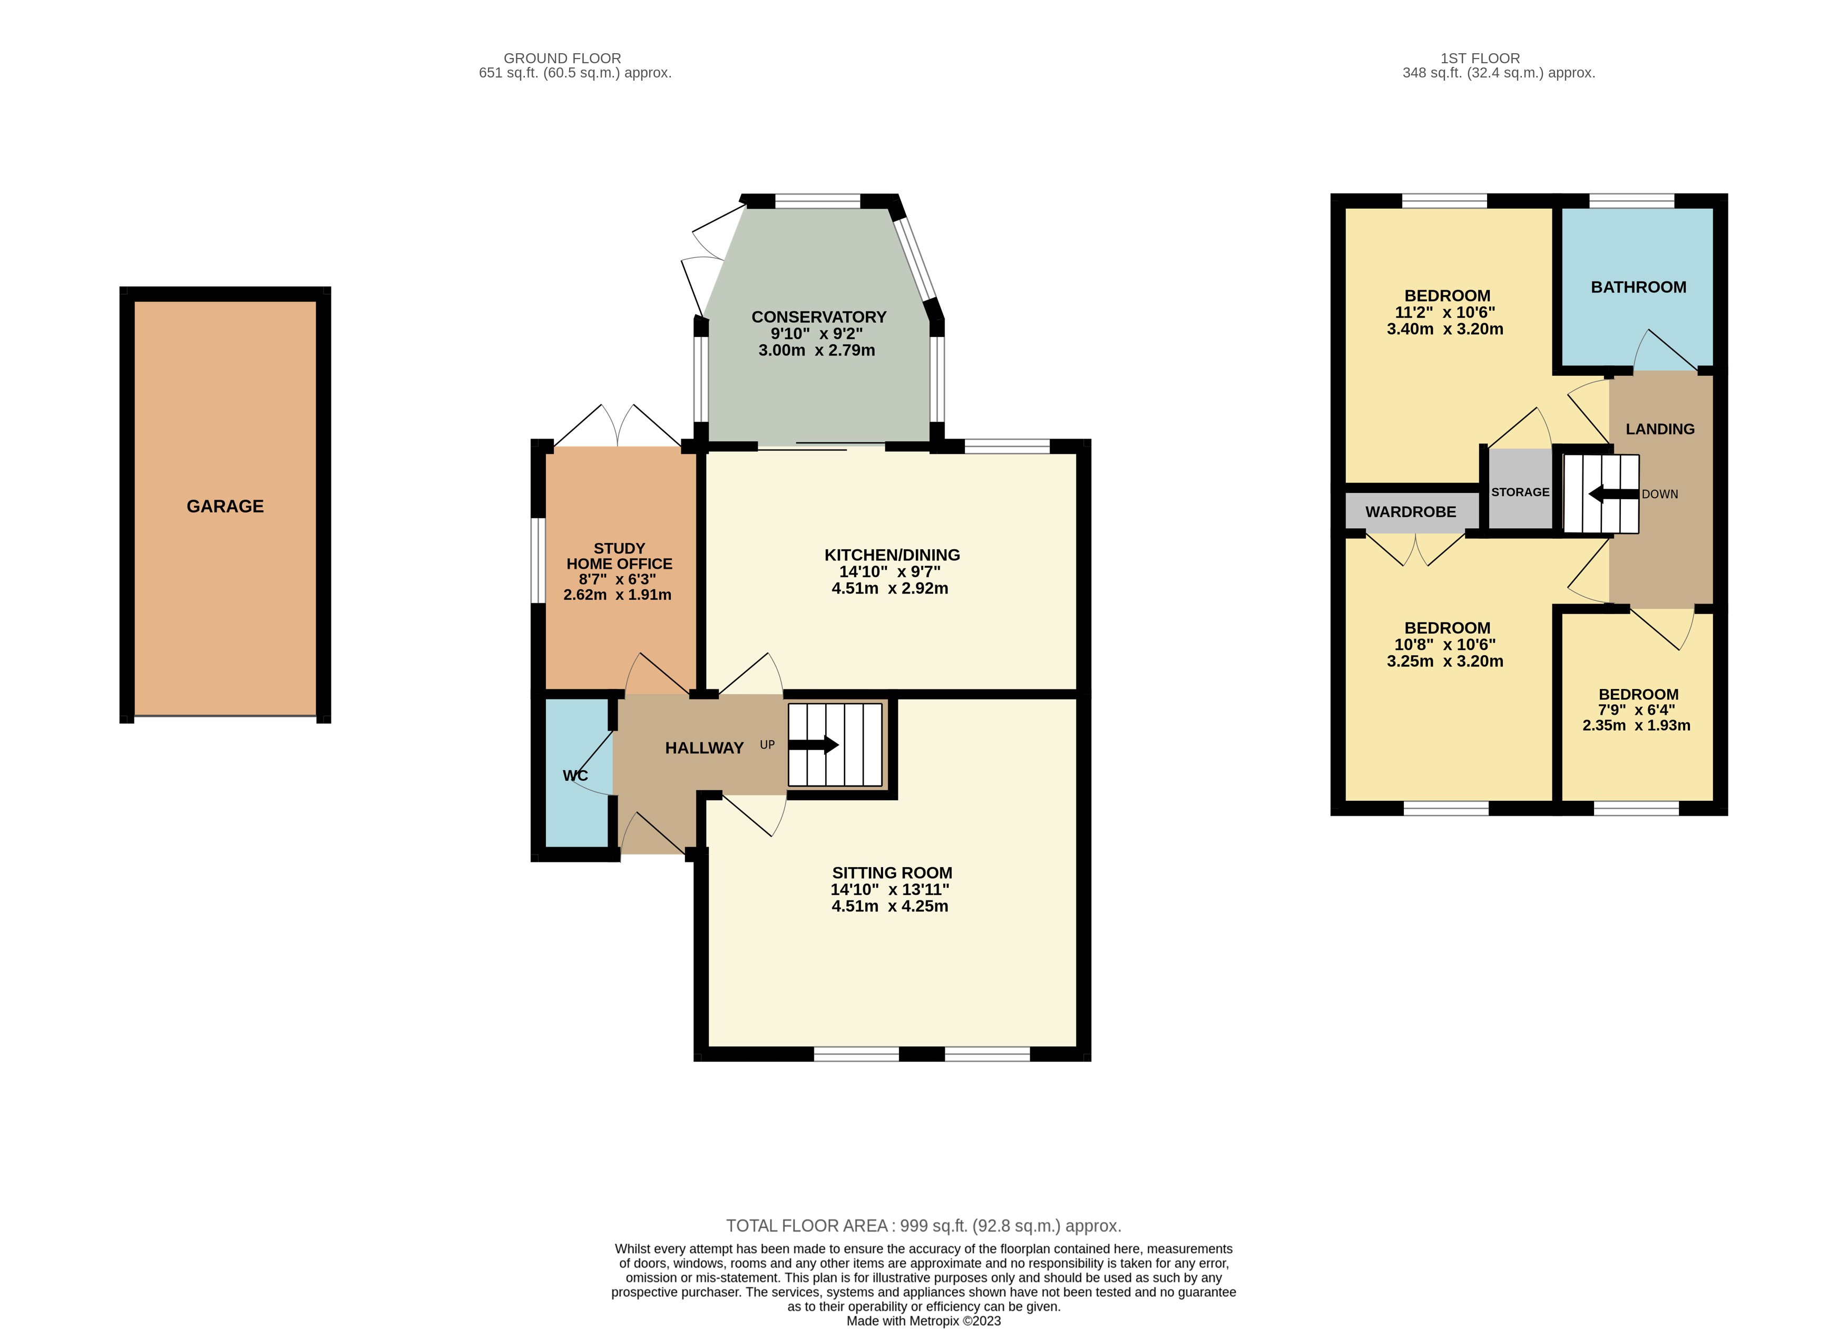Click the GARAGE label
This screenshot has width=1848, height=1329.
pos(225,506)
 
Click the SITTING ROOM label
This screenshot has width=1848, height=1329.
pos(892,872)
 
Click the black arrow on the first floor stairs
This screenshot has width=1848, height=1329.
pos(1612,494)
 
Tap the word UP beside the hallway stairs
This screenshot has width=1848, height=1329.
pos(767,744)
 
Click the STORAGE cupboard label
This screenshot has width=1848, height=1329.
pos(1520,492)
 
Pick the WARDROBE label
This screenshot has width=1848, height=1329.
pos(1411,512)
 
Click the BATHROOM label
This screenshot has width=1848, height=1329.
pos(1638,287)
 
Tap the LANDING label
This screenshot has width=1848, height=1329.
pos(1660,429)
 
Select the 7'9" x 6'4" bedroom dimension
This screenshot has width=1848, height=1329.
pos(1636,710)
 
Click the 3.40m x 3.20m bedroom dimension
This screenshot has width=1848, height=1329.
pos(1445,329)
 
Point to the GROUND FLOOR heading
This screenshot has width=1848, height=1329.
pos(562,58)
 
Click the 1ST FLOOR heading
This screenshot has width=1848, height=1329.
pos(1480,58)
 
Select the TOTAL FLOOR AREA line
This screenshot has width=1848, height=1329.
pos(923,1226)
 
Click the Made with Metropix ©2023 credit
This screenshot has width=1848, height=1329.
pos(923,1321)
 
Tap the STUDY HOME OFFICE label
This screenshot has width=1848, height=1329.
pos(619,556)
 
